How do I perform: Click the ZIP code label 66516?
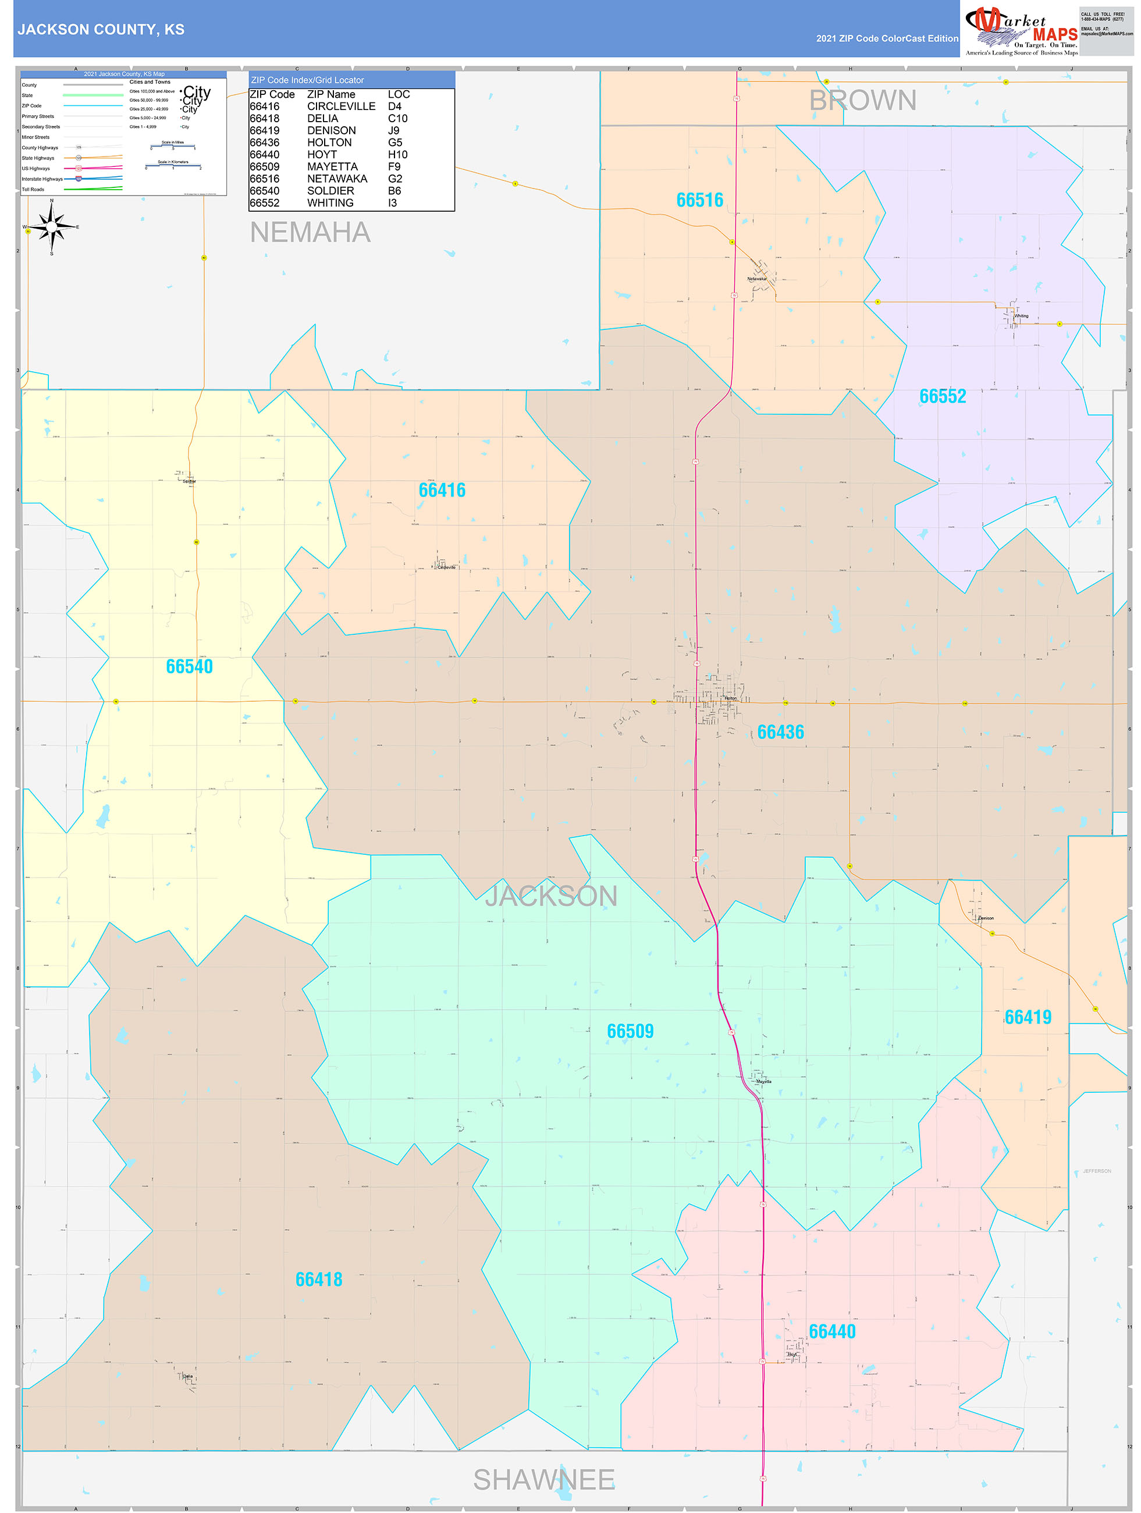(699, 200)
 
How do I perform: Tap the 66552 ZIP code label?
(942, 397)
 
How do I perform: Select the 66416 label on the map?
(442, 491)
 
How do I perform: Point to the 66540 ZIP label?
(190, 667)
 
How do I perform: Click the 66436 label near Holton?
(780, 733)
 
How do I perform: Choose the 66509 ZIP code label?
(630, 1032)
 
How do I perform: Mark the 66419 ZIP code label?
(1028, 1018)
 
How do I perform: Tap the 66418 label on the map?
(319, 1280)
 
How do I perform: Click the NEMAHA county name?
(310, 233)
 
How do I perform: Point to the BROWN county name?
(863, 101)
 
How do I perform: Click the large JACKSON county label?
(552, 896)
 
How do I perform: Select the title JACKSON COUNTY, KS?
(101, 30)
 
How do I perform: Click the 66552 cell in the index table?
(264, 203)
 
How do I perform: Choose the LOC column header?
(399, 94)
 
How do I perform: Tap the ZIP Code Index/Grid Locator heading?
(307, 80)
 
